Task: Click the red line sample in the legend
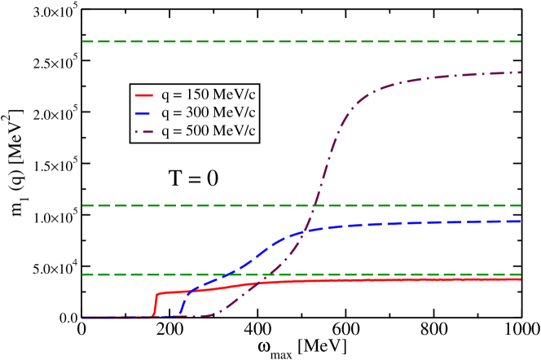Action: pos(144,94)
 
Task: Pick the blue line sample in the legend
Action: pos(144,112)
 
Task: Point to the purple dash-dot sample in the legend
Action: pos(144,130)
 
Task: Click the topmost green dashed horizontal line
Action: pos(301,41)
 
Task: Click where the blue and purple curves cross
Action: pos(303,232)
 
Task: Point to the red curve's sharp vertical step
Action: pos(154,303)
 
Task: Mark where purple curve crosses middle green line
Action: pos(314,205)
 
